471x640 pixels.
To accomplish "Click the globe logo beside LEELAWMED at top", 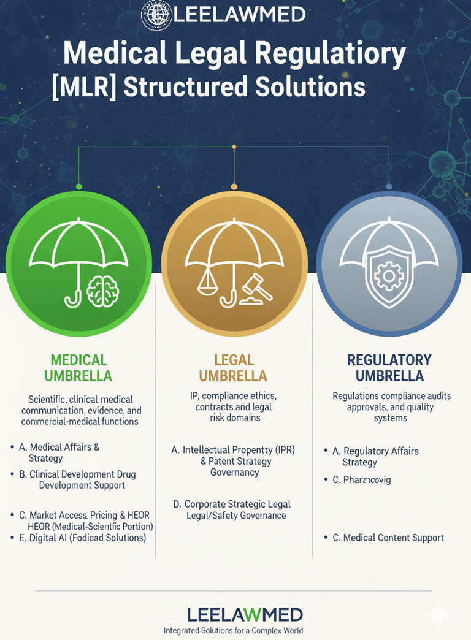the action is point(156,13).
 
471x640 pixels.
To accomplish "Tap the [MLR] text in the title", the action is point(84,86).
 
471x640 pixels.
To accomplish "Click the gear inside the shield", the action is point(388,276).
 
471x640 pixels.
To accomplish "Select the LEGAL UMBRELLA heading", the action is point(233,367).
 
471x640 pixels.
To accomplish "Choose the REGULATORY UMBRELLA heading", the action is point(389,367).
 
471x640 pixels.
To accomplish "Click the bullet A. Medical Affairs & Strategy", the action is point(64,452).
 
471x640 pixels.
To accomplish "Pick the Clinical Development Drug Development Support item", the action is point(82,479).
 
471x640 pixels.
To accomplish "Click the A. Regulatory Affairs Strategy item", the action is point(375,456).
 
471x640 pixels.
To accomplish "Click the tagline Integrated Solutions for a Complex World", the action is point(233,630).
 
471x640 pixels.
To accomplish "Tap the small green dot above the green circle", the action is point(78,186).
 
